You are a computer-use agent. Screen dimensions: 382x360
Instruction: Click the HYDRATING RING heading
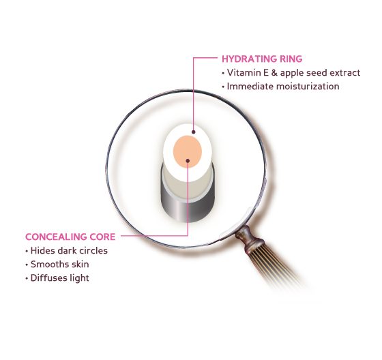(x=262, y=59)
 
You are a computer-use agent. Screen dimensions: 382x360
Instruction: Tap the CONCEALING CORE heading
(x=70, y=237)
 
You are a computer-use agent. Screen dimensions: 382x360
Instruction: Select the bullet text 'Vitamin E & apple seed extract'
(x=293, y=73)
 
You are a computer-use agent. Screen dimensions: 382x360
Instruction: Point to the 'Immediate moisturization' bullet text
(x=283, y=86)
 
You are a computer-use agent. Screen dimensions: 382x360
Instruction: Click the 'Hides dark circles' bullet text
(x=69, y=251)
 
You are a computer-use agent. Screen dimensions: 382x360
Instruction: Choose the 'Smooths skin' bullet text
(x=60, y=265)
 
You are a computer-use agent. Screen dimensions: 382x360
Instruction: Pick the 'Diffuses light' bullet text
(x=60, y=278)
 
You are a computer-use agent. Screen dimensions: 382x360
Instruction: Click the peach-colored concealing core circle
(x=188, y=151)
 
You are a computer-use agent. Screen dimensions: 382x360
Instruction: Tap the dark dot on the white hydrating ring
(x=194, y=132)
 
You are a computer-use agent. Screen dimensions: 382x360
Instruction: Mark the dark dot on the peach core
(x=188, y=161)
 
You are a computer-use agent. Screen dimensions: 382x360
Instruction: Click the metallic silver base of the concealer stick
(x=188, y=207)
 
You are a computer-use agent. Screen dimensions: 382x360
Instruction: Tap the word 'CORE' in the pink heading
(x=102, y=237)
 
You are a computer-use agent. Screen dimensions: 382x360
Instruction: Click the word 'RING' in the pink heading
(x=291, y=59)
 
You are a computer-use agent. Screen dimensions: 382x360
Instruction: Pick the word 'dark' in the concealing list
(x=66, y=251)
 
